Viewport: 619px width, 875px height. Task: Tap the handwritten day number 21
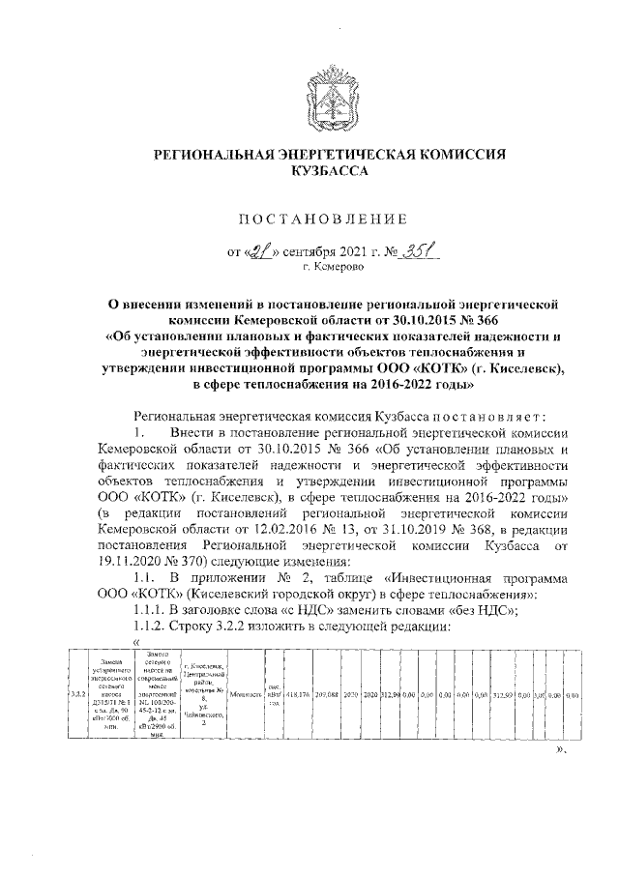coord(260,248)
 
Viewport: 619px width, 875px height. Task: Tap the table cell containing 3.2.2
coord(77,694)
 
